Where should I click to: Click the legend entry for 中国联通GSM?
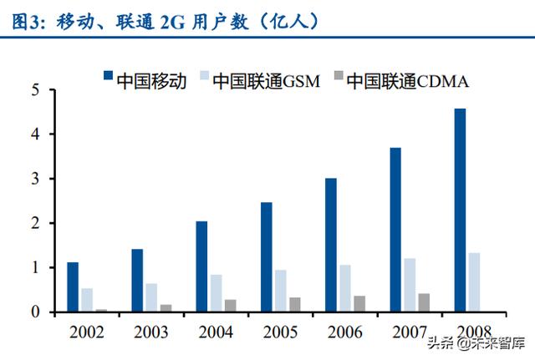click(259, 80)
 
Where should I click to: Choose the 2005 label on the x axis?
click(280, 332)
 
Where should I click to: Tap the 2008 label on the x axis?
click(473, 332)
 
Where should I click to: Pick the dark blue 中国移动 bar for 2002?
click(73, 286)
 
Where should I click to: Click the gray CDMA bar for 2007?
click(425, 302)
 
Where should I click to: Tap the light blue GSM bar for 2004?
click(216, 293)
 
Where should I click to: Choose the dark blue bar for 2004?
click(201, 266)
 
